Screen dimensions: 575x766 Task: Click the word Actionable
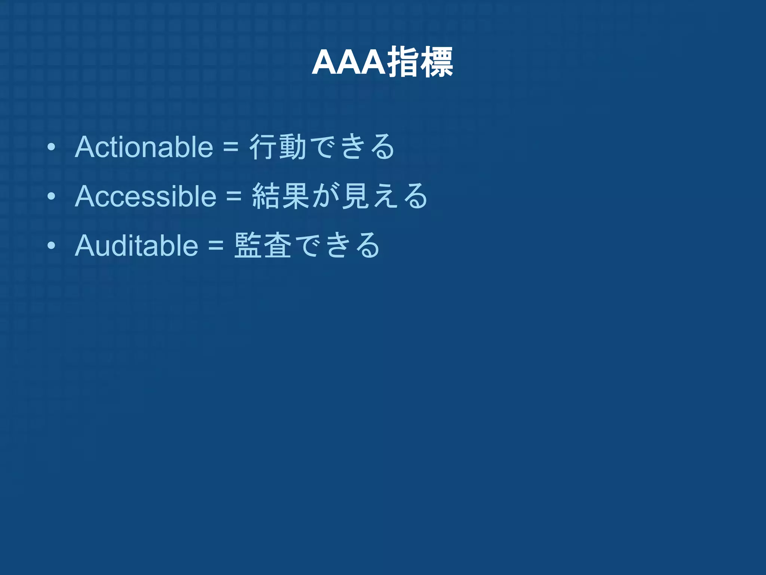[x=144, y=147]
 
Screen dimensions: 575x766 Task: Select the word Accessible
[x=145, y=196]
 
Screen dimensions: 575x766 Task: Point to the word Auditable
[x=137, y=246]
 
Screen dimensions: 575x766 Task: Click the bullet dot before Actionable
[x=51, y=147]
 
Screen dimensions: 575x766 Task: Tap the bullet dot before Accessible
[x=51, y=197]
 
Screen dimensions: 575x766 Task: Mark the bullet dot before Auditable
[x=51, y=246]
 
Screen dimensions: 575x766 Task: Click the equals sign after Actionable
[x=231, y=147]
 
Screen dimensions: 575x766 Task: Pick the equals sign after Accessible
[x=234, y=197]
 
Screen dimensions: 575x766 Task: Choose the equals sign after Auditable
[x=216, y=246]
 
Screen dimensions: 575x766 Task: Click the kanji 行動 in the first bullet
[x=278, y=147]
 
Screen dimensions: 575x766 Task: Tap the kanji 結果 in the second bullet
[x=281, y=196]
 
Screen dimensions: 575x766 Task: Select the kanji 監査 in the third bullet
[x=263, y=246]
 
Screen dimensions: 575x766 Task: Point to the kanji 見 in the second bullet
[x=356, y=196]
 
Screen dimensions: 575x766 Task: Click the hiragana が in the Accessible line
[x=326, y=196]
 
